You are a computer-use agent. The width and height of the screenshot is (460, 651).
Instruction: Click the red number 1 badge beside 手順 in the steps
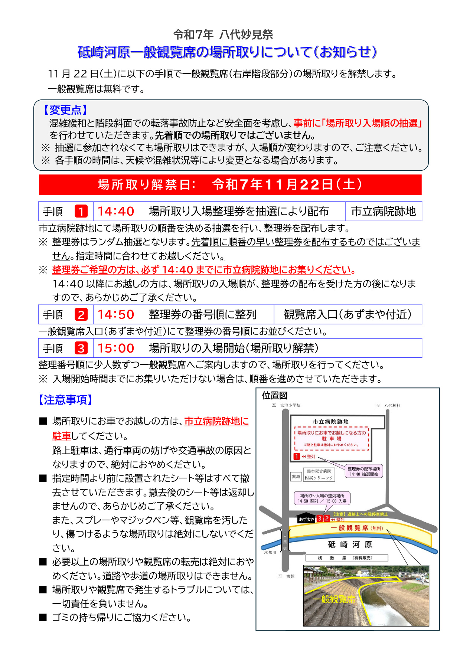81,211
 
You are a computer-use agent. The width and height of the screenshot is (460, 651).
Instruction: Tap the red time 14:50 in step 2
115,314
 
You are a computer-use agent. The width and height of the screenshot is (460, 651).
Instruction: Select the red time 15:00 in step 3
115,348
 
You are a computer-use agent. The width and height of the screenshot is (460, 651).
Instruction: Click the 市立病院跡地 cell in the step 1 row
383,211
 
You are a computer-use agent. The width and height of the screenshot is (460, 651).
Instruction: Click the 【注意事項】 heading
65,400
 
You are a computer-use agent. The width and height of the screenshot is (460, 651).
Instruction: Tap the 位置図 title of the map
275,396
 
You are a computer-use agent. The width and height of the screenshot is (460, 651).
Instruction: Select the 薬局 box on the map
296,477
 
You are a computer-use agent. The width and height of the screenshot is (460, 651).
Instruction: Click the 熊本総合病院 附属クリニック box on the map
319,474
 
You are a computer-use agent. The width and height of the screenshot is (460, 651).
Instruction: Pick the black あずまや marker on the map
306,519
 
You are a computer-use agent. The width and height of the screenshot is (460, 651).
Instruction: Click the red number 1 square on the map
297,457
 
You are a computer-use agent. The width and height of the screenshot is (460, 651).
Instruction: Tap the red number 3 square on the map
320,518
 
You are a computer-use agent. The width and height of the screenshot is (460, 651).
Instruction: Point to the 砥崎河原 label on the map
350,544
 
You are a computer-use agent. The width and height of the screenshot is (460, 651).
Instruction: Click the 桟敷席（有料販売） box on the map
347,558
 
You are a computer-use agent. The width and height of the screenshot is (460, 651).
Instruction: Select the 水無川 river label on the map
270,552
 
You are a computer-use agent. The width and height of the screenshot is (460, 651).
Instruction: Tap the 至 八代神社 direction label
388,406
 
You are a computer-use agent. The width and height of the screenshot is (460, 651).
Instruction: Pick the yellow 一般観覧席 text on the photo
334,599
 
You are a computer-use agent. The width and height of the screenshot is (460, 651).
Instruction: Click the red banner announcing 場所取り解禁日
230,184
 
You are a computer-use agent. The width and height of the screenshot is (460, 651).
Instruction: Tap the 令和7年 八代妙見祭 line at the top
223,35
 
